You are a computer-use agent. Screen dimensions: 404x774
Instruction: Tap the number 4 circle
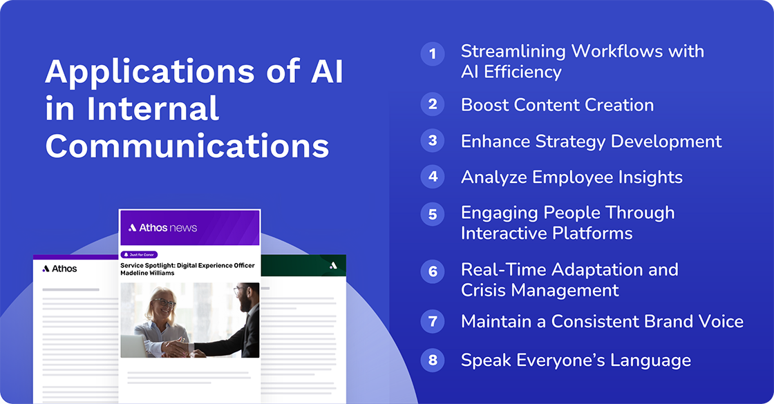click(x=433, y=177)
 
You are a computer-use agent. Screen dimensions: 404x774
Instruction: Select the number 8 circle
click(x=433, y=360)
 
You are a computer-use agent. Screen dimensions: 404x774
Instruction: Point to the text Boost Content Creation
click(x=557, y=105)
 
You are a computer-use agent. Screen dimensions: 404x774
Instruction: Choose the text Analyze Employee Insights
click(x=572, y=177)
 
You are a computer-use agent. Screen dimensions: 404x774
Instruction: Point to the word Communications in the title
click(x=187, y=146)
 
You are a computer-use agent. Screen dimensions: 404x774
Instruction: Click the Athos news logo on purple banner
click(x=162, y=227)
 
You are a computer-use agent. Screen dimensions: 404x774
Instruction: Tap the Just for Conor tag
click(x=141, y=254)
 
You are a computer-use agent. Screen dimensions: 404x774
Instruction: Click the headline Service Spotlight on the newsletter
click(x=187, y=269)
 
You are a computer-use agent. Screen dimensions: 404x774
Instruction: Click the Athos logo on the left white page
click(x=59, y=269)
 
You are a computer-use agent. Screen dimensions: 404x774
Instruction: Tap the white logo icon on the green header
click(x=333, y=265)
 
